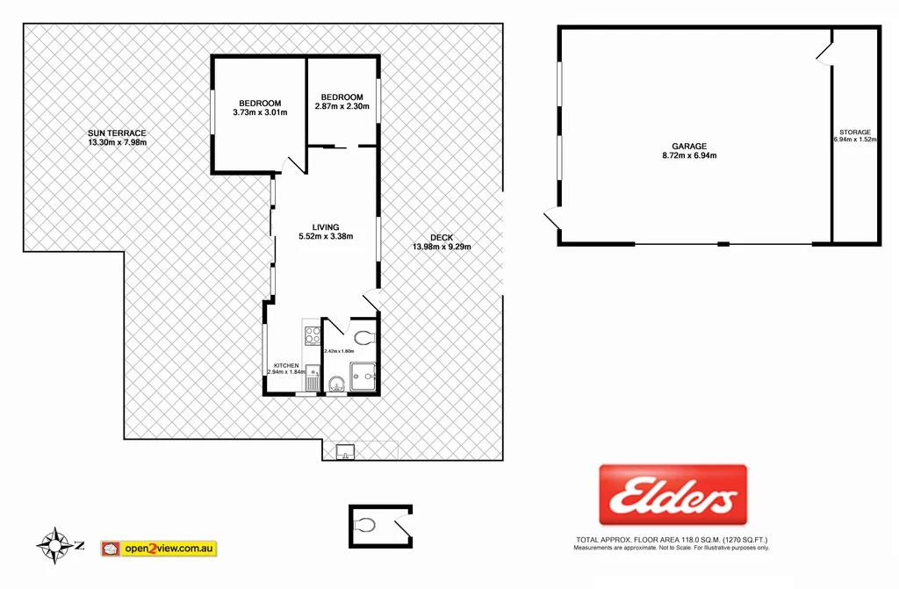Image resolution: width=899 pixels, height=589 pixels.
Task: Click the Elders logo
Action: pos(672,496)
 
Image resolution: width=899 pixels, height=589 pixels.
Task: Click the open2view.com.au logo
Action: pos(159,549)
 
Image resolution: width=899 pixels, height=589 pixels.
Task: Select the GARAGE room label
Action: pos(689,147)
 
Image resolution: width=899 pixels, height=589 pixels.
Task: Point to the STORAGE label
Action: pos(854,133)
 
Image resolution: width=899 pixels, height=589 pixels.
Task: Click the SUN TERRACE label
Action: pos(117,133)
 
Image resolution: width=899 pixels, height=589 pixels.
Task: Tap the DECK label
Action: pos(442,236)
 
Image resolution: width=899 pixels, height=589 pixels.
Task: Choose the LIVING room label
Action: pos(325,226)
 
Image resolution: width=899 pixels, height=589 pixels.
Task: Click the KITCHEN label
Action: pos(286,365)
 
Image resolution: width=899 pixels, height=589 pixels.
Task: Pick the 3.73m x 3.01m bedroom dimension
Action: pos(257,112)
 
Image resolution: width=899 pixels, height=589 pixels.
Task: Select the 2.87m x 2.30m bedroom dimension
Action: pos(342,107)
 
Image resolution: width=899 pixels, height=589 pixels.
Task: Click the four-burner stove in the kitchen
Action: pos(312,334)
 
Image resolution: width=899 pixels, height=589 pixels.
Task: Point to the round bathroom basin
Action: pos(336,384)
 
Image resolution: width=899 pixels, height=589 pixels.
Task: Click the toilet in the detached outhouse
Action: pos(365,525)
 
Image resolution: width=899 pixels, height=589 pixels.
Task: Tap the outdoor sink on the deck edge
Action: pos(344,453)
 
